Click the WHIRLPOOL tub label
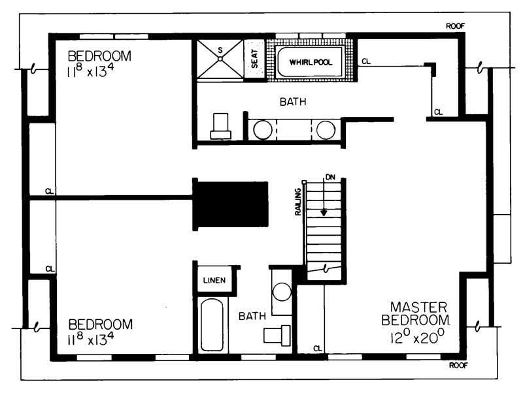[306, 61]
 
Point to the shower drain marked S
[220, 58]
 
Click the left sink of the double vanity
[263, 129]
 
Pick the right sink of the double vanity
[325, 129]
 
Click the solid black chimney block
[232, 204]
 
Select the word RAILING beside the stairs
[298, 201]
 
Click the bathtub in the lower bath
[211, 325]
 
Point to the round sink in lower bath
[282, 291]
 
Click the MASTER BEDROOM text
[418, 313]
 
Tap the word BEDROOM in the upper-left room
[99, 55]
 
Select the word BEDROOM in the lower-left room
[101, 324]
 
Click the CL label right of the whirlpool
[366, 61]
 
